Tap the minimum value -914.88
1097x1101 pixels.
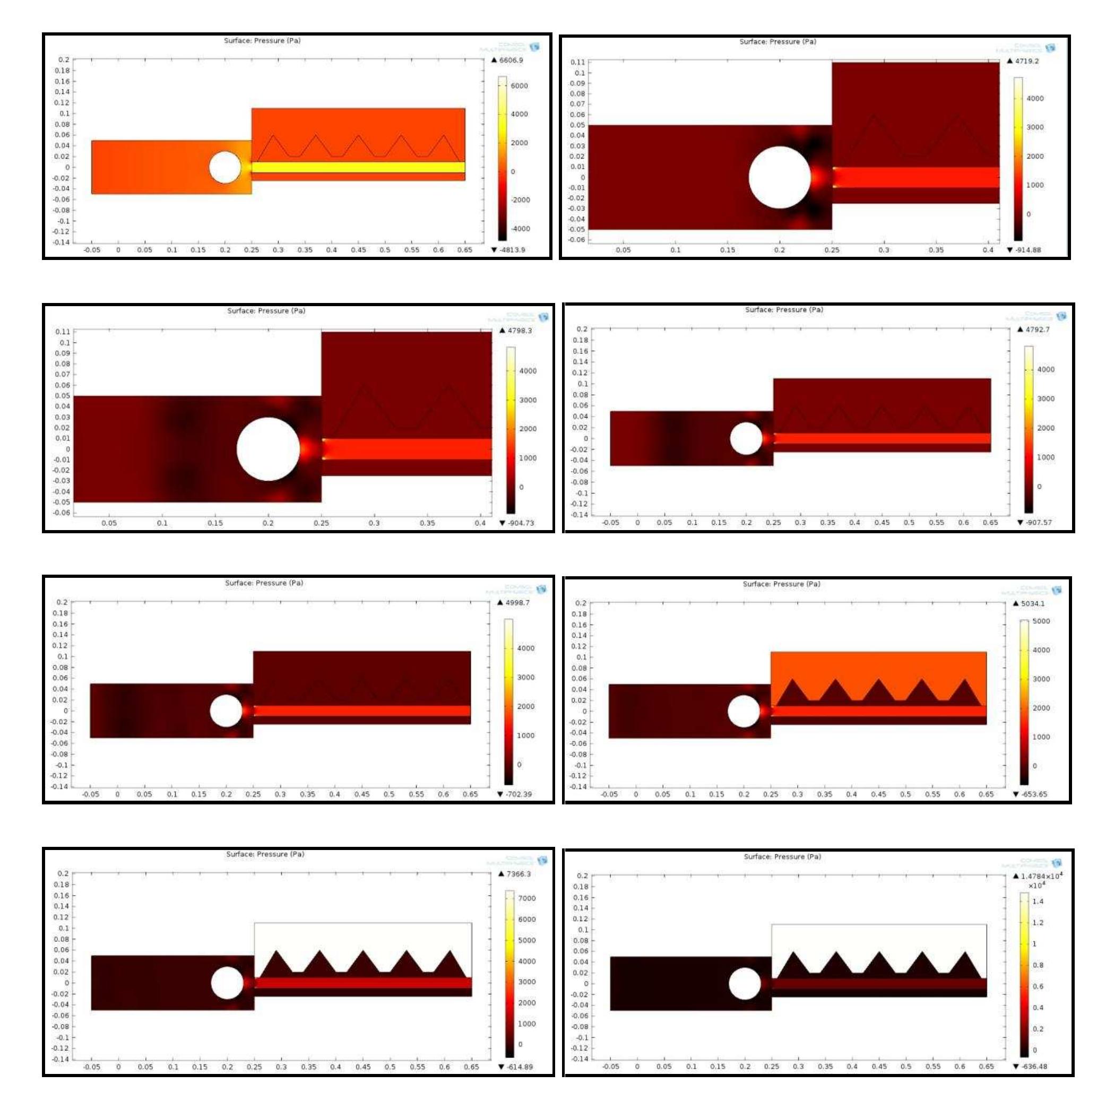click(1027, 249)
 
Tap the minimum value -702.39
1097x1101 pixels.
click(518, 794)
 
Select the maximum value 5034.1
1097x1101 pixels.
click(1032, 603)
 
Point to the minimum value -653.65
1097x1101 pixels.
click(1033, 794)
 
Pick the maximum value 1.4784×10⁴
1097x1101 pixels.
click(1041, 876)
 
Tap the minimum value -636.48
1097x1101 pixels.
click(1033, 1065)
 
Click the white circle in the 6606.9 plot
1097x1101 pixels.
click(225, 167)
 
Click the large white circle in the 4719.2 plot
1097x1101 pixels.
click(780, 177)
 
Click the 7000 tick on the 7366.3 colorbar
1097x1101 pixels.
click(526, 898)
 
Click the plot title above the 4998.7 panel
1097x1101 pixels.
click(264, 583)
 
